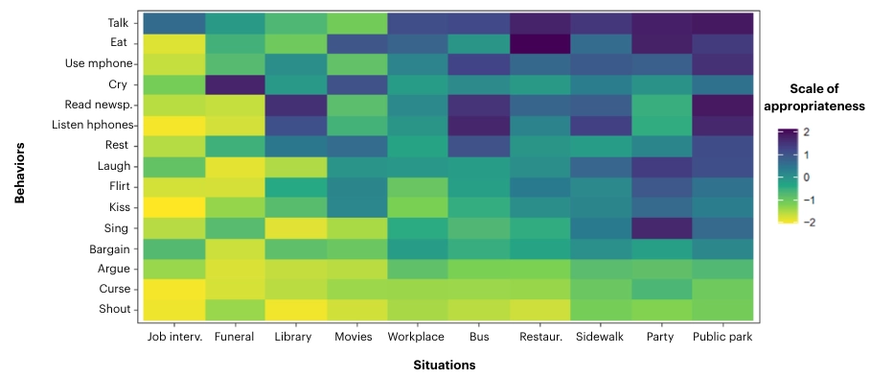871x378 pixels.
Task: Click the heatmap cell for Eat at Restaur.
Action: click(x=539, y=43)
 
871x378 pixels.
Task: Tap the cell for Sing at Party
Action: click(x=662, y=227)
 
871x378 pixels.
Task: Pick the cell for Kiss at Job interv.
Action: click(x=174, y=207)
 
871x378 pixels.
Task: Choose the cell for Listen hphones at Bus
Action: click(x=478, y=125)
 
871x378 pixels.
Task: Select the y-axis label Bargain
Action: click(x=112, y=248)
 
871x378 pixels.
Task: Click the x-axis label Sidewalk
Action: click(x=601, y=337)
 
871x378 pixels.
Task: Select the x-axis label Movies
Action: click(x=355, y=337)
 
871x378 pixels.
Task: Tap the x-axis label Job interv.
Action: click(x=174, y=337)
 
